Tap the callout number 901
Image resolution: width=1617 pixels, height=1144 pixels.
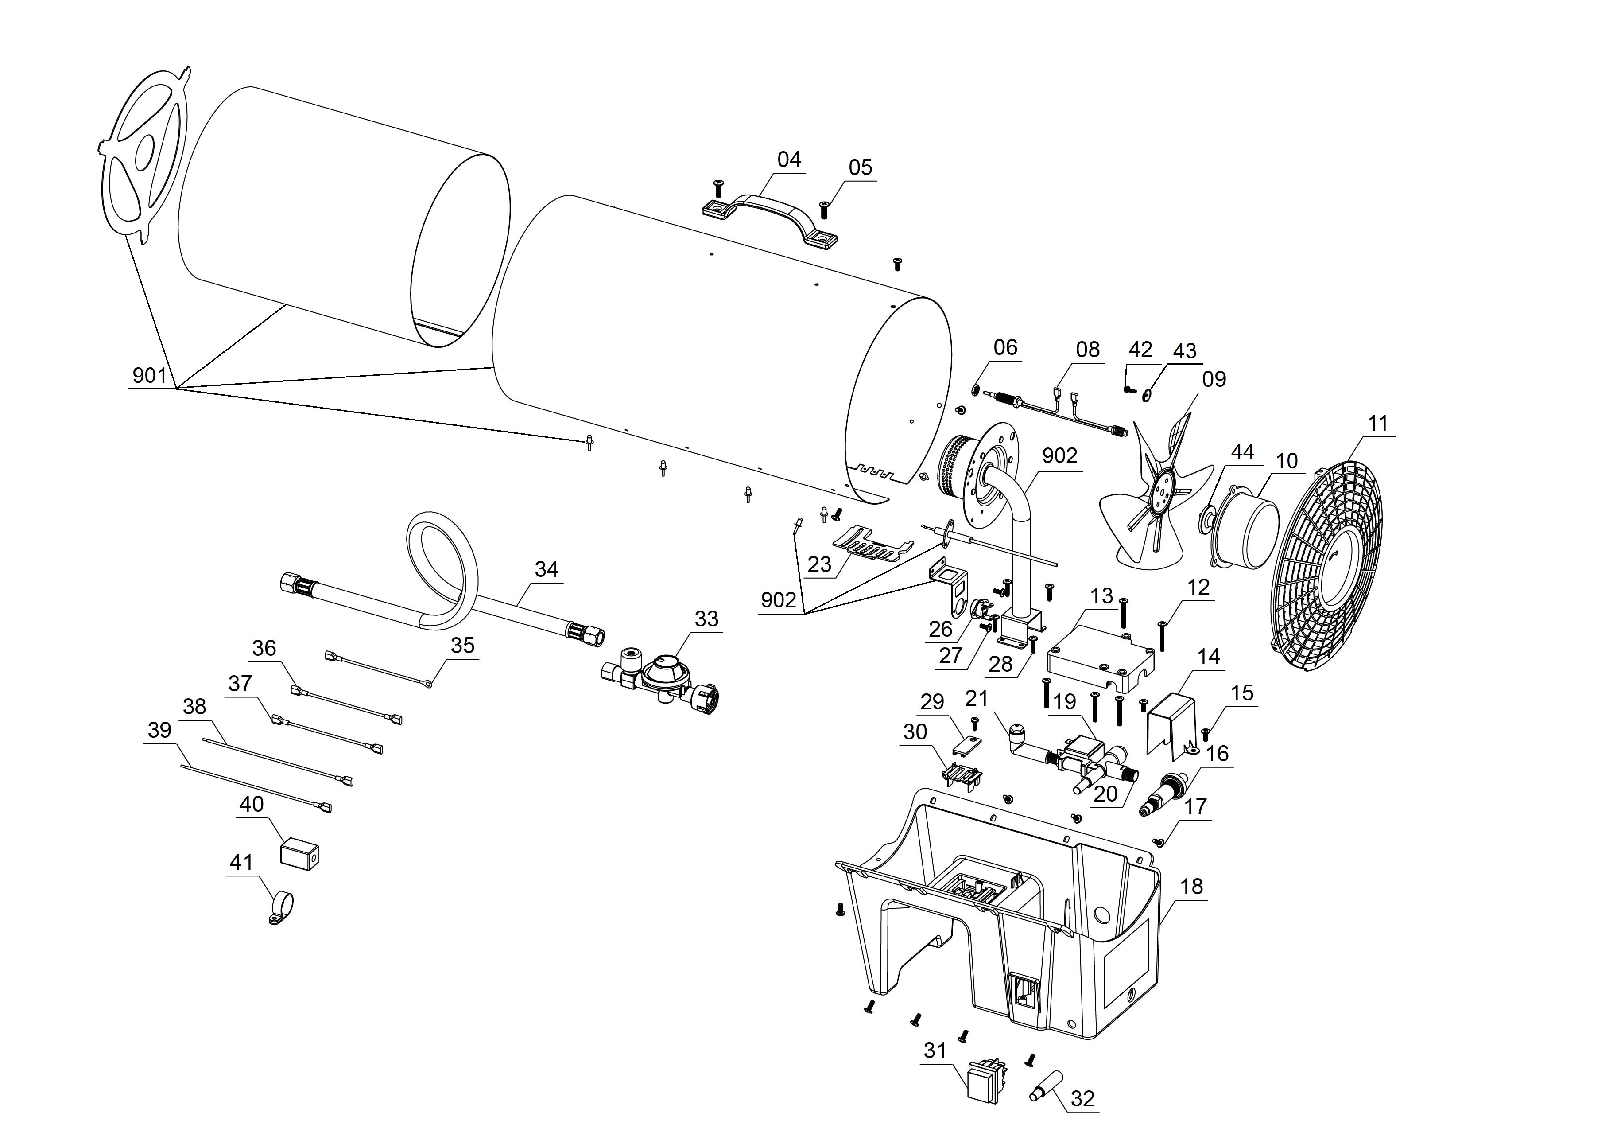point(149,375)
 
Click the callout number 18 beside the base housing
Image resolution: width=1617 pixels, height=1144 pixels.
point(1192,886)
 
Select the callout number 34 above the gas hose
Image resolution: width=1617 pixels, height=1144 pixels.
point(547,569)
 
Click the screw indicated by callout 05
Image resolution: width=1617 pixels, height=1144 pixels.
point(825,209)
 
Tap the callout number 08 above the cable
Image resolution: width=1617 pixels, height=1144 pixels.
point(1087,350)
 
